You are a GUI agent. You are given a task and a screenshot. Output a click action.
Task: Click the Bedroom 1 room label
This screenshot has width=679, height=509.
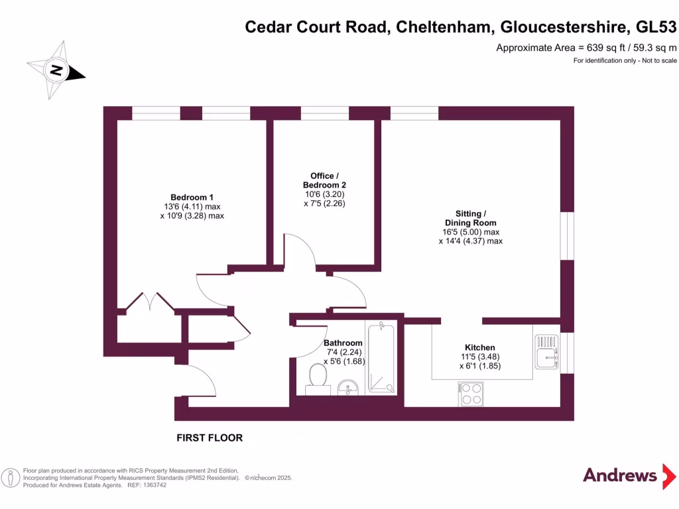[192, 197]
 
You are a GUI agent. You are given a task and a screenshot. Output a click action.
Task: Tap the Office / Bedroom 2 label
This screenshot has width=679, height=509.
[324, 180]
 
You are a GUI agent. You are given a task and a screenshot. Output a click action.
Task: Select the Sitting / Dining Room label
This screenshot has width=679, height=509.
[470, 218]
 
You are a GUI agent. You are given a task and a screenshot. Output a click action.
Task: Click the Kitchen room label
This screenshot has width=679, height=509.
[479, 347]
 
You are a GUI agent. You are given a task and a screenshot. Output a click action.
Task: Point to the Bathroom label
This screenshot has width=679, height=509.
[343, 343]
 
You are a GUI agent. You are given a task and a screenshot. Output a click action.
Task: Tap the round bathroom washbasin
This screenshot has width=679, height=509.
[347, 386]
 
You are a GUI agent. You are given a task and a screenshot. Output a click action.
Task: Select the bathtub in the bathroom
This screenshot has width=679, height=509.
[381, 358]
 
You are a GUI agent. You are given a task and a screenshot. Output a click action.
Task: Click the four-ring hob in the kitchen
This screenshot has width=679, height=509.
[470, 394]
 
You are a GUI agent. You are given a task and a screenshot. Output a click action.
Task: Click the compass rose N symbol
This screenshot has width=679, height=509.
[57, 70]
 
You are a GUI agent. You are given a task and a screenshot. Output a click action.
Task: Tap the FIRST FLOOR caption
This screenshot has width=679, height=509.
[210, 438]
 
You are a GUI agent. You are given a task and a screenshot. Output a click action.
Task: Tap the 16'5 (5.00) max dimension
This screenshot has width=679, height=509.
[470, 232]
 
